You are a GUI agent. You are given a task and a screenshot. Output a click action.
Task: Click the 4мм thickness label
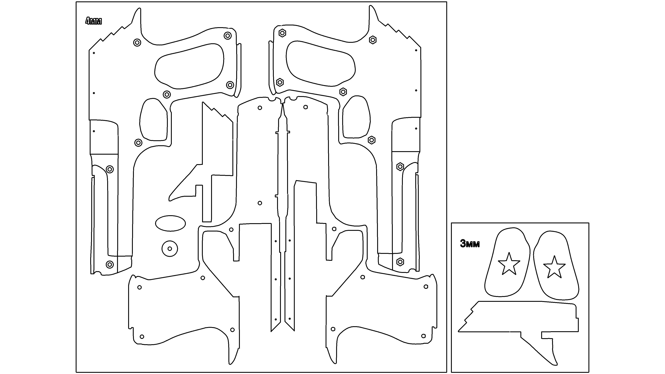pyautogui.click(x=94, y=21)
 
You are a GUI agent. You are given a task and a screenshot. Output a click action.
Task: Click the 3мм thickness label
pyautogui.click(x=470, y=244)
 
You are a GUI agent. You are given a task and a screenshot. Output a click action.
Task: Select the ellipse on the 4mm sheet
pyautogui.click(x=170, y=223)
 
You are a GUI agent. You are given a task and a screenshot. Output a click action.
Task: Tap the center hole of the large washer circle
pyautogui.click(x=170, y=249)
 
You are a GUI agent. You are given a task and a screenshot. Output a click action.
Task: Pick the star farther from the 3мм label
pyautogui.click(x=555, y=267)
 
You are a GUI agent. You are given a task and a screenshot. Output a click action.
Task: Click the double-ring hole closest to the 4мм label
pyautogui.click(x=137, y=42)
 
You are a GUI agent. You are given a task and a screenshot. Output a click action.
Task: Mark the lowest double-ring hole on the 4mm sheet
pyautogui.click(x=110, y=264)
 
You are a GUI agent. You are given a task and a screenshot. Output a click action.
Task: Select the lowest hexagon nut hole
pyautogui.click(x=400, y=262)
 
